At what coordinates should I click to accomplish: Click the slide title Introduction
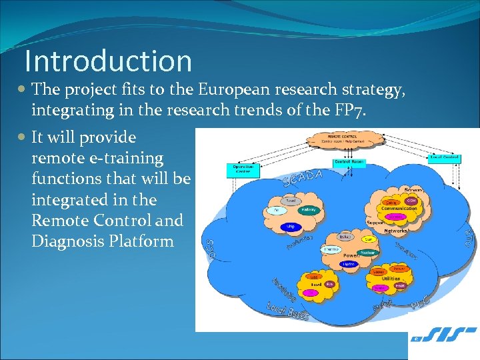pos(108,61)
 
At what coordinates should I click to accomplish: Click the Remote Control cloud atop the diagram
pos(345,139)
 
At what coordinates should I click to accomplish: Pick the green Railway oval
pos(308,209)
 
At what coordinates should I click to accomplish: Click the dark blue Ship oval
pos(290,227)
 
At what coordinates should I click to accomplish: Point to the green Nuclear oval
pos(367,253)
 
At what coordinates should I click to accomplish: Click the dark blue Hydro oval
pos(349,264)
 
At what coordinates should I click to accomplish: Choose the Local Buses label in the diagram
pos(287,310)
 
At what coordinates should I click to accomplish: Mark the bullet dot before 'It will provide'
pos(23,138)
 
